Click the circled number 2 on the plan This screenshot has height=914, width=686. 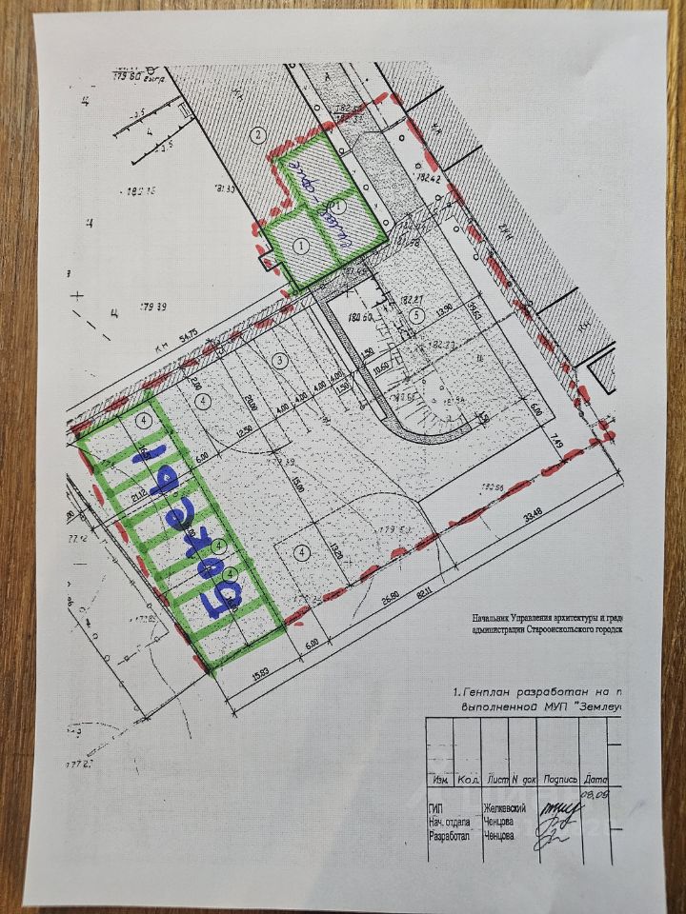(257, 134)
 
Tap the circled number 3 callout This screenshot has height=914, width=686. (279, 360)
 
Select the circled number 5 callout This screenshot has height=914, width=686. (415, 315)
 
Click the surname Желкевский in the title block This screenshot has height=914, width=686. (506, 807)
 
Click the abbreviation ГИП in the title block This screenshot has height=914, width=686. (434, 807)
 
